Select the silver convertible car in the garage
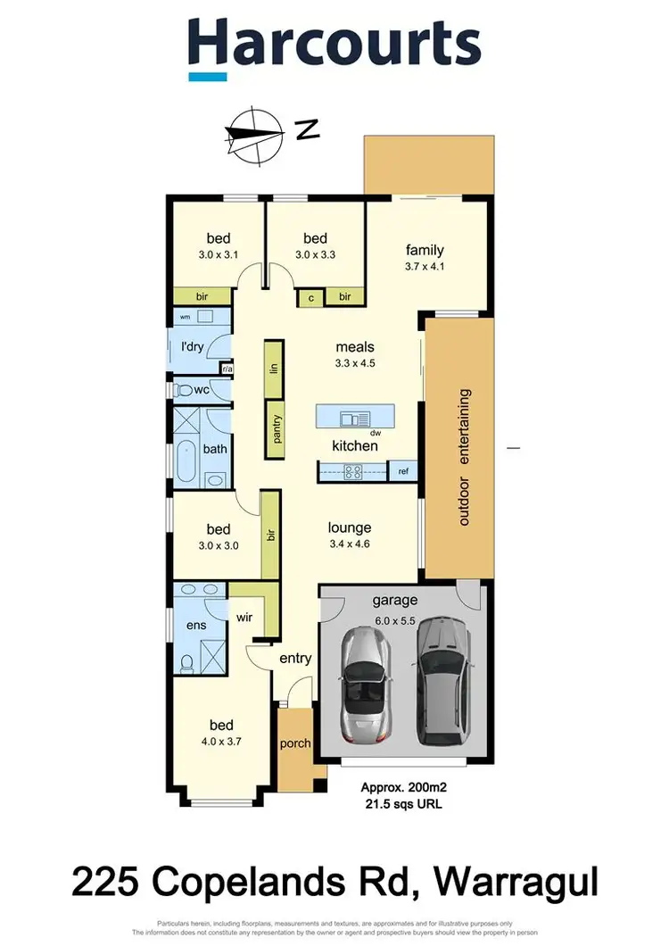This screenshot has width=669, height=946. (x=365, y=684)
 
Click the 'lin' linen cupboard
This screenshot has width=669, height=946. (x=274, y=368)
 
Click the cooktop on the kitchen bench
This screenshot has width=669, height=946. (x=352, y=472)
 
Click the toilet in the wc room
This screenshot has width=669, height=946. (x=185, y=390)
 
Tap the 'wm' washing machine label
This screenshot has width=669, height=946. (x=186, y=317)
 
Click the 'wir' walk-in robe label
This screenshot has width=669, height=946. (x=245, y=616)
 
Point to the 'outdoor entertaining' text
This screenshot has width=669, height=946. (x=464, y=457)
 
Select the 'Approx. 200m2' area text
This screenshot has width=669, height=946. (x=401, y=787)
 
